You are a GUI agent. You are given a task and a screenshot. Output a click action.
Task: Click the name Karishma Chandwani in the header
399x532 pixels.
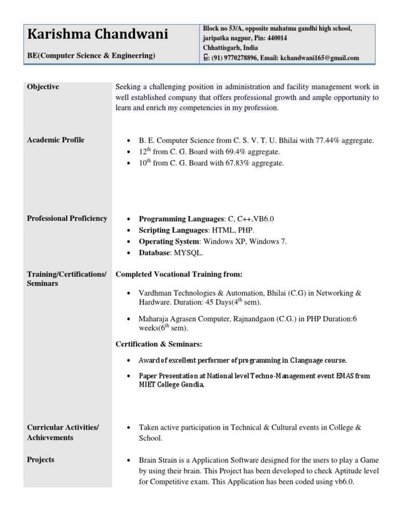[x=97, y=35]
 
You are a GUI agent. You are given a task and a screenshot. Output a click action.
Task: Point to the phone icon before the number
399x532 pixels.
[x=206, y=58]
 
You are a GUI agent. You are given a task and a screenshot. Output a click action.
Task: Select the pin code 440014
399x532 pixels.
[x=277, y=38]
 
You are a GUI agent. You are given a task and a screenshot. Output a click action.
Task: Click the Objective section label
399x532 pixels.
[x=43, y=87]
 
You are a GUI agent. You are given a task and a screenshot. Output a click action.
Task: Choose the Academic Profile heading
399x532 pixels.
[x=55, y=140]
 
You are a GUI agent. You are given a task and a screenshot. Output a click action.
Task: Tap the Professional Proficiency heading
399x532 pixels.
[x=67, y=218]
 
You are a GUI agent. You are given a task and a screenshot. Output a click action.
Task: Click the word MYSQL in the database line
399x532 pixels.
[x=188, y=253]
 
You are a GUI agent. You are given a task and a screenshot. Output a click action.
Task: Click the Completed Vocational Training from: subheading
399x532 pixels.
[x=179, y=274]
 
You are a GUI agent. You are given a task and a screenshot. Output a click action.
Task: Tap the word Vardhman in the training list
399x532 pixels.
[x=156, y=293]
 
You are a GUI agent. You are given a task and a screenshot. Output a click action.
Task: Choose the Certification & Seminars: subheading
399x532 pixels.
[x=158, y=344]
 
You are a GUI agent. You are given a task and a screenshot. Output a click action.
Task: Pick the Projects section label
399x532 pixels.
[x=41, y=460]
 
